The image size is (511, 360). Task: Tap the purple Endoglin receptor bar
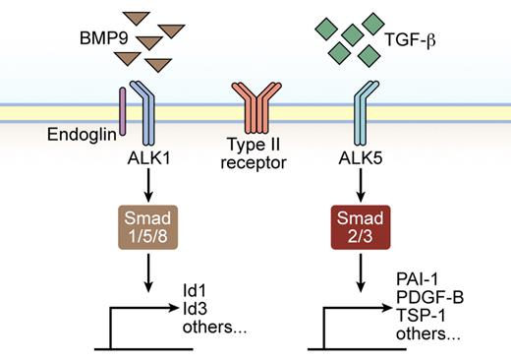123,107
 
